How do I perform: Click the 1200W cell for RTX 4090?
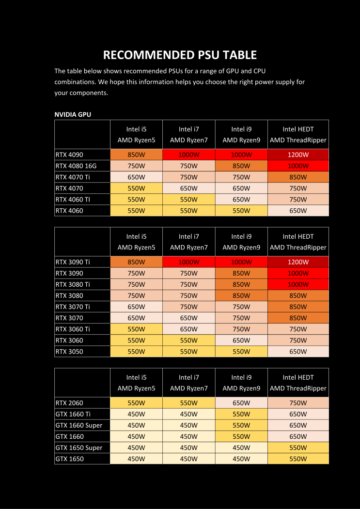pos(298,154)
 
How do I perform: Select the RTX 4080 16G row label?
pos(76,166)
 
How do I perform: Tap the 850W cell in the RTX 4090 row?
pos(136,154)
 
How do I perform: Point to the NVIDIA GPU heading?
pos(73,115)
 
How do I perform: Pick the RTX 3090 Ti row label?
pos(73,262)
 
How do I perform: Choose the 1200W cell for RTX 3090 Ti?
pos(298,262)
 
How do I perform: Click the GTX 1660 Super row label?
pos(79,425)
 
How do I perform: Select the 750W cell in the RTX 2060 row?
pos(298,403)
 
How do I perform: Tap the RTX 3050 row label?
pos(69,352)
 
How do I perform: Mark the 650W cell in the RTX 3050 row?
pos(298,352)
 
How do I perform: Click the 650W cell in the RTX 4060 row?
pos(298,211)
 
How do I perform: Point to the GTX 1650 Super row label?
pos(79,447)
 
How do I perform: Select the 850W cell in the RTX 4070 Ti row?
pos(298,177)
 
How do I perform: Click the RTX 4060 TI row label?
pos(73,200)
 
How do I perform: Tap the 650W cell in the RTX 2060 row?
pos(241,403)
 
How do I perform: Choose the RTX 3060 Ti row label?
pos(73,329)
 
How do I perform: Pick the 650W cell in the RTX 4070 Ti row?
pos(136,177)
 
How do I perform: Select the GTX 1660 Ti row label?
pos(73,414)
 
